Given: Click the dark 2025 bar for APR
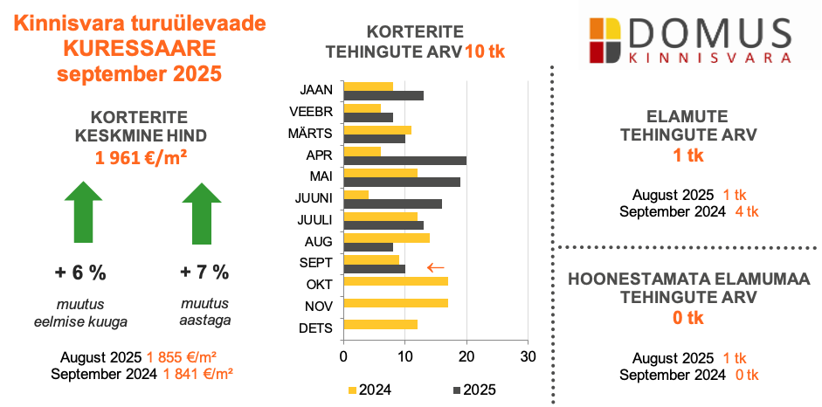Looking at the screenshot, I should tap(405, 161).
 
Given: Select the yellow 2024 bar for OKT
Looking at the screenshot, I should tap(396, 281).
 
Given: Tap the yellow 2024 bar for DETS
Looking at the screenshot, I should tap(381, 325).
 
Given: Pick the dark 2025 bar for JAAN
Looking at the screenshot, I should tap(383, 95).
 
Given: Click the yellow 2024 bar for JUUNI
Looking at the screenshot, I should tap(356, 194).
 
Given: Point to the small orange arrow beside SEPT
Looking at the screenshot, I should tap(435, 266).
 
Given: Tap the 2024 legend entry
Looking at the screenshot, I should tap(370, 390).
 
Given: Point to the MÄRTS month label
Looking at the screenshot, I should tap(309, 134).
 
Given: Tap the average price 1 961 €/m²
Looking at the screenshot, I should tap(142, 157).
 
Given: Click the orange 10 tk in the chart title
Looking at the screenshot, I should tap(485, 51).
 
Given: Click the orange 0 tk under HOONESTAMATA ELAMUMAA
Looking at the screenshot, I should tap(688, 318).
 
